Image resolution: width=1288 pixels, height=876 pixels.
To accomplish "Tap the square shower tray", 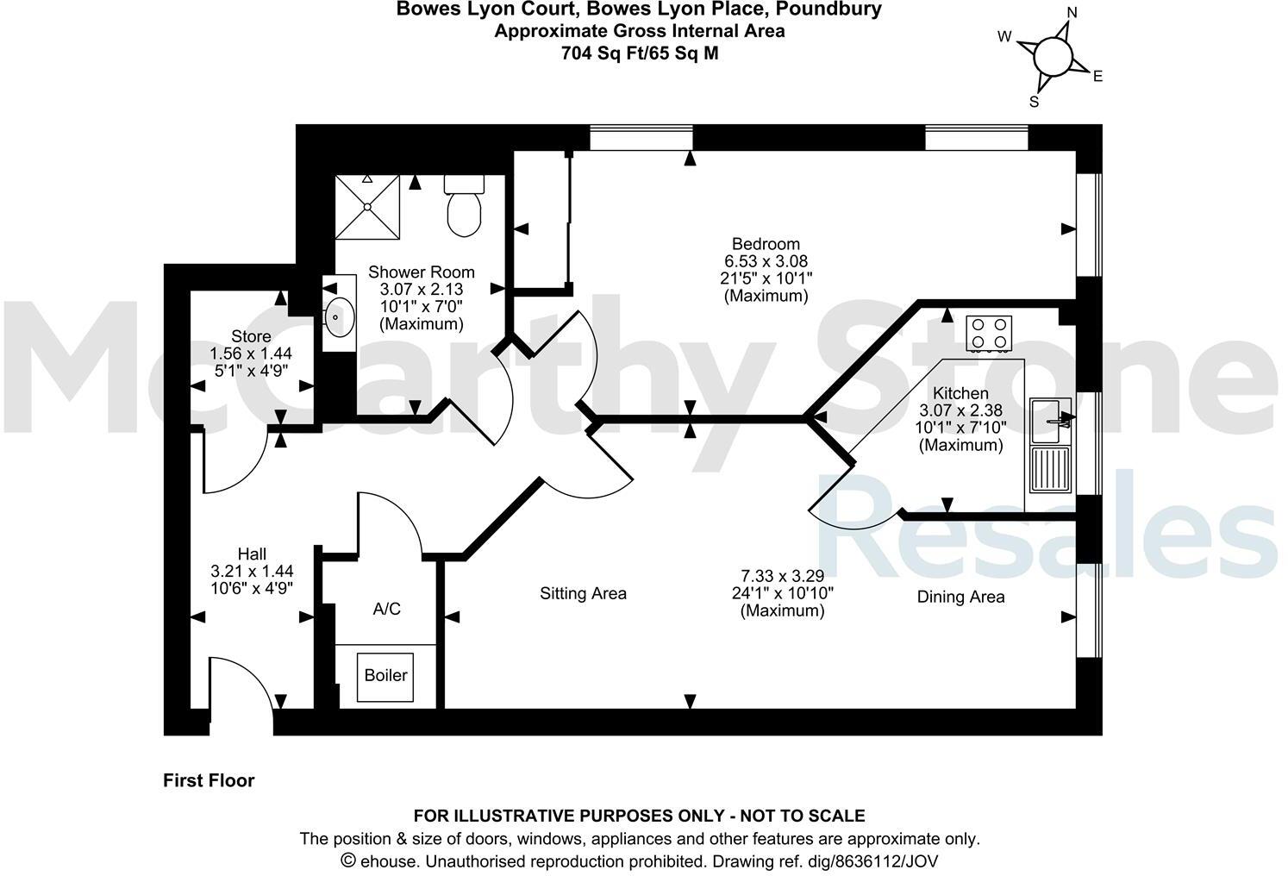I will tap(368, 206).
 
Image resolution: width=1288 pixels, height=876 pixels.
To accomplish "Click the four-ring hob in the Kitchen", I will tap(989, 334).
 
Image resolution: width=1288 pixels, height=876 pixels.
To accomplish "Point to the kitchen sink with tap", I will tap(1050, 420).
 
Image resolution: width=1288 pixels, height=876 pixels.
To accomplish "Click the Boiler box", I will tap(385, 676).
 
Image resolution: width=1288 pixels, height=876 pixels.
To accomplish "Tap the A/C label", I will tap(386, 610).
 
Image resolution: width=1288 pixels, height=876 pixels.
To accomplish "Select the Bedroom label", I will tap(766, 244).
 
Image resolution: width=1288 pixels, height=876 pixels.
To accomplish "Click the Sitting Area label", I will tap(583, 594).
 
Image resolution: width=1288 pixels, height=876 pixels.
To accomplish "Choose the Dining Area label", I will tap(960, 597).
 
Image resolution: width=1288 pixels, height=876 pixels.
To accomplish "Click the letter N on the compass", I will tap(1072, 12).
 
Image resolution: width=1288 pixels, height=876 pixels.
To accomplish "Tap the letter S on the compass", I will tap(1035, 102).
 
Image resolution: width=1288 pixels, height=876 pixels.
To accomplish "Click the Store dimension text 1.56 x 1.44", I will tap(251, 354).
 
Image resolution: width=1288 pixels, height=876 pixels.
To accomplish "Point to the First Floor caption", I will tap(209, 780).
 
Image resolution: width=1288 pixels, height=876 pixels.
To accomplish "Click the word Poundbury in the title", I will tap(828, 9).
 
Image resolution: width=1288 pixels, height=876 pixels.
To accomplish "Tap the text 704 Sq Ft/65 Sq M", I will tap(639, 53).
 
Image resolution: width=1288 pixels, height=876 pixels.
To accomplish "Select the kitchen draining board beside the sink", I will tap(1050, 470).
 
